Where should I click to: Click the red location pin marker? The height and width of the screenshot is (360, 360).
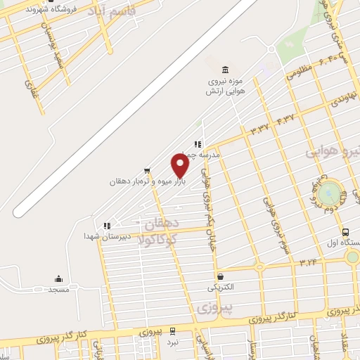click(180, 166)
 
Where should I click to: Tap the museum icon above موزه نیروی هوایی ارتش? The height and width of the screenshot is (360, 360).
click(224, 70)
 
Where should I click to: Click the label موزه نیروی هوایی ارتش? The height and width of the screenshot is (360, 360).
click(224, 86)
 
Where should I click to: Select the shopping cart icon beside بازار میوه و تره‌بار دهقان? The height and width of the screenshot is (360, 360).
click(146, 170)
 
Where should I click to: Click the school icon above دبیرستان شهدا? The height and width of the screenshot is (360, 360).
click(106, 226)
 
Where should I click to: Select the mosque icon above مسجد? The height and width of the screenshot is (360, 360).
click(58, 278)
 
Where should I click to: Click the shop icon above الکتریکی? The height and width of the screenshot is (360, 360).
click(221, 276)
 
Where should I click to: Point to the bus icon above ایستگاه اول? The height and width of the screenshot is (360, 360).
click(345, 232)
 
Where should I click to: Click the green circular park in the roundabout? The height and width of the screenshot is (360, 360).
click(328, 194)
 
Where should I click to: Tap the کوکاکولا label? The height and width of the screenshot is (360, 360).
click(159, 239)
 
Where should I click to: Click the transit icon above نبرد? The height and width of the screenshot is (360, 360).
click(173, 330)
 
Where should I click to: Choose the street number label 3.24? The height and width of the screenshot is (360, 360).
click(308, 262)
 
